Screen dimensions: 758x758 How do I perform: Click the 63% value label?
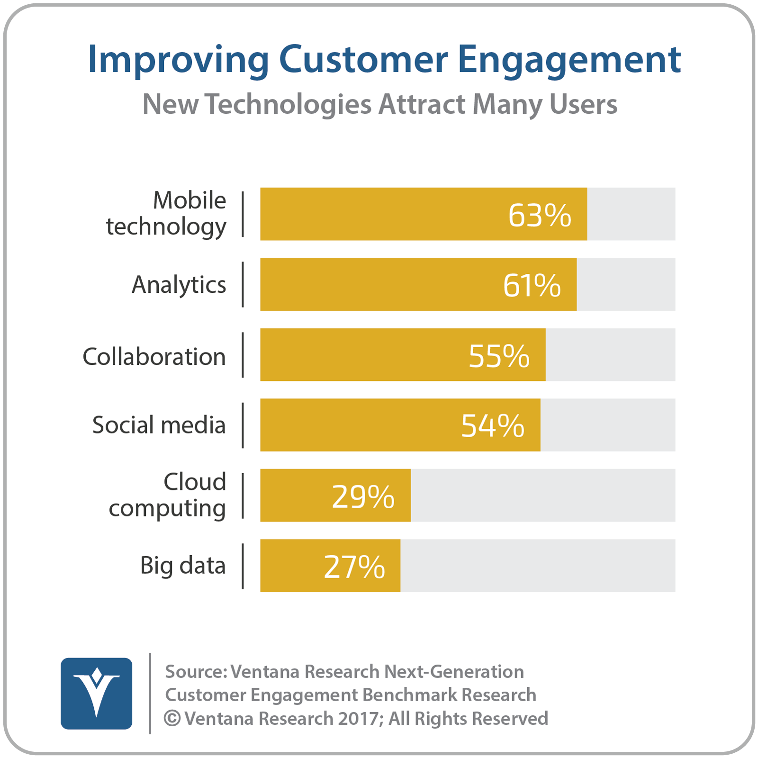tap(540, 216)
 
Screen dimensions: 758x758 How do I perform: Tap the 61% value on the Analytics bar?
tap(532, 286)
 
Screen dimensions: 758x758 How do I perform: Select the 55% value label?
tap(499, 356)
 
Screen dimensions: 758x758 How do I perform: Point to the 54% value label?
tap(493, 426)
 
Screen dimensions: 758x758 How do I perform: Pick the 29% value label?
tap(363, 496)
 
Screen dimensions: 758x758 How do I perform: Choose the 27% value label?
tap(354, 567)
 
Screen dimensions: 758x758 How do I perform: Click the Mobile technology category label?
tap(166, 214)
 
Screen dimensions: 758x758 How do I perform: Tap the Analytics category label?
tap(179, 285)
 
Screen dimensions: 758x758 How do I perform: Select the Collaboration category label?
tap(154, 357)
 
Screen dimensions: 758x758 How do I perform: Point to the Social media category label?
tap(159, 425)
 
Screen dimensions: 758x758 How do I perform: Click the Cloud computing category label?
tap(167, 496)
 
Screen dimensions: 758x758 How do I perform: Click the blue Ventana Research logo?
tap(97, 694)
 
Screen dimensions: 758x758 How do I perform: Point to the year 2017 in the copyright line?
tap(359, 719)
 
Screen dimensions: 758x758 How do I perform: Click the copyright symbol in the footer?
tap(172, 719)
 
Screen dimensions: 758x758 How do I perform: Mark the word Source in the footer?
tap(194, 672)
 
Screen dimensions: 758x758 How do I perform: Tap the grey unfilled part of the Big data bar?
tap(538, 566)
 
